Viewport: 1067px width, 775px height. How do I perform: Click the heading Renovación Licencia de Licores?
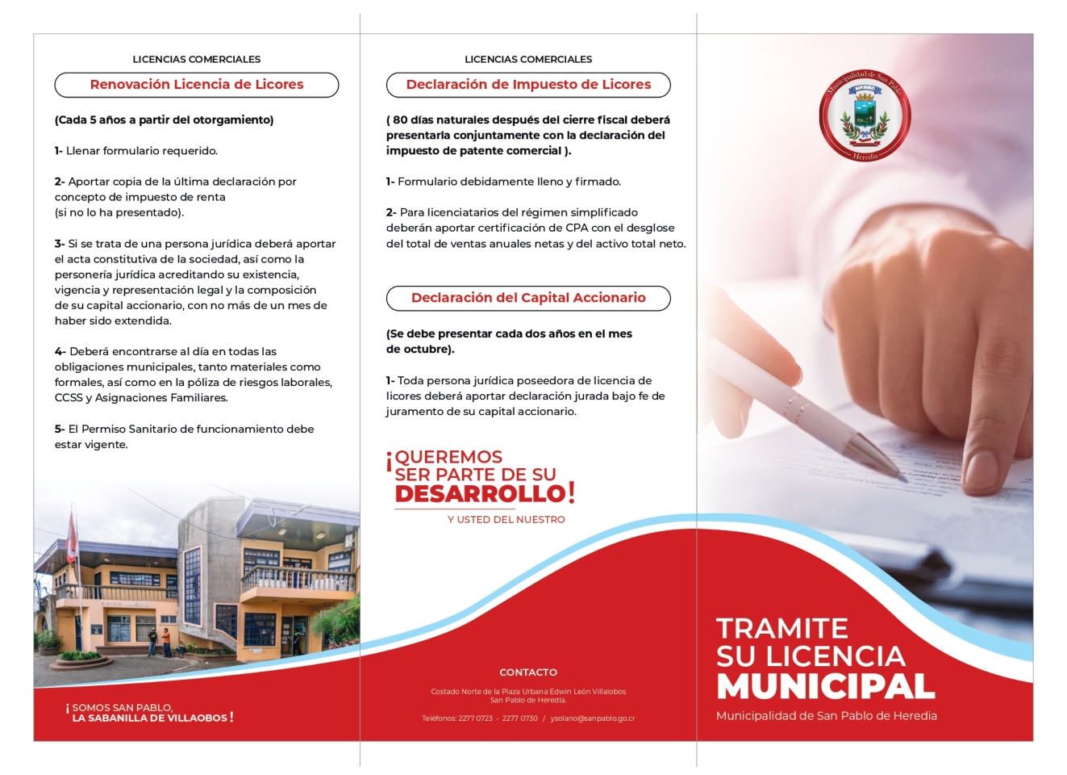[196, 85]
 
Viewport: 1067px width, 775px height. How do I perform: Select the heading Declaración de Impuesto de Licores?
[528, 85]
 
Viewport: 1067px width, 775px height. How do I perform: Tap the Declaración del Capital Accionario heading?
[528, 298]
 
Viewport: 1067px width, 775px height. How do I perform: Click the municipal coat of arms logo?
[865, 115]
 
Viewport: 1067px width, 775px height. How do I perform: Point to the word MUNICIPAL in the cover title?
[826, 686]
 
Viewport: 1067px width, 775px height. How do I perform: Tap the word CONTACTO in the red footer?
[528, 672]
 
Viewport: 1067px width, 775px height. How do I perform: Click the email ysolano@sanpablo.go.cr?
[593, 718]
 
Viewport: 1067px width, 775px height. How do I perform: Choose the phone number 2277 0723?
[475, 718]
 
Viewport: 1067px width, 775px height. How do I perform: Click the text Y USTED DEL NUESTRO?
[506, 520]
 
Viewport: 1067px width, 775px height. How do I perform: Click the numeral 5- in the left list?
[60, 429]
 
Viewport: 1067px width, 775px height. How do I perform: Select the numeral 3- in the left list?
[60, 244]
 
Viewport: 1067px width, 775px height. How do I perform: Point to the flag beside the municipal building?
[73, 537]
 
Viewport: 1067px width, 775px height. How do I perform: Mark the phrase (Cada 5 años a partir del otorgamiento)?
[164, 120]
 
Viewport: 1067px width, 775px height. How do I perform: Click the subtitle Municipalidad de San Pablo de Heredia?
[826, 716]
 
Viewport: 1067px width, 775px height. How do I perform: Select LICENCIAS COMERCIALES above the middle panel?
[528, 60]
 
